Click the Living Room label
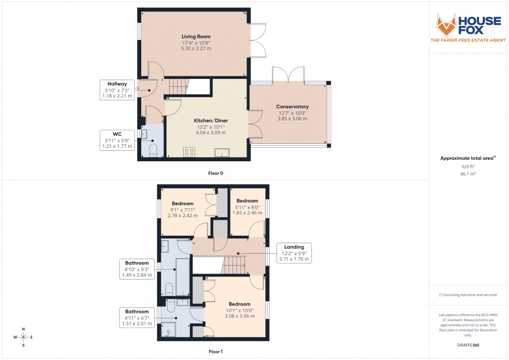tap(196, 36)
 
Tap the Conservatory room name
tap(292, 106)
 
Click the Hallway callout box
tap(117, 89)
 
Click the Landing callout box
tap(294, 253)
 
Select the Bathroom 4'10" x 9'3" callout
tap(137, 269)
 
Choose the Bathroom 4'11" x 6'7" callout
tap(137, 317)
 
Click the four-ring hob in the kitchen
tap(189, 152)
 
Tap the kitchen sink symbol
tap(222, 152)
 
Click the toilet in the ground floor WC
tap(153, 150)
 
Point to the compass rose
tap(23, 337)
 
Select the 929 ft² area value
tap(468, 167)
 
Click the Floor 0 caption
tap(215, 173)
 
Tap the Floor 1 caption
tap(215, 352)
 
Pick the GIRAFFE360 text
tap(468, 345)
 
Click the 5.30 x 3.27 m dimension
tap(196, 48)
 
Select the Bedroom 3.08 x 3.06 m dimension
tap(239, 316)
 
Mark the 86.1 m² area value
tap(468, 174)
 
